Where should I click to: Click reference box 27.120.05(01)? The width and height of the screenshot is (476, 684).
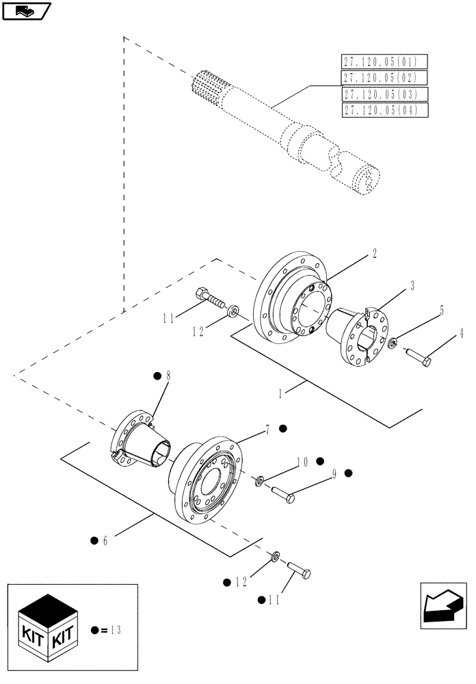tap(384, 61)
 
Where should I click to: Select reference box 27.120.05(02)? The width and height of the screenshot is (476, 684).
tap(384, 77)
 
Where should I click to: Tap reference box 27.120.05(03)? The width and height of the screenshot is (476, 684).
tap(384, 94)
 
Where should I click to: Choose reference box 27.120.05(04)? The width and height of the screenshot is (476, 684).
tap(384, 109)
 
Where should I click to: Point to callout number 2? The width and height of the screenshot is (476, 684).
tap(375, 252)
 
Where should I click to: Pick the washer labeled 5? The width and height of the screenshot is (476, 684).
tap(392, 341)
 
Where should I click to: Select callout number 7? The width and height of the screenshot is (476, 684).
tap(268, 428)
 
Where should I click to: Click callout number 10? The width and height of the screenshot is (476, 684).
tap(300, 462)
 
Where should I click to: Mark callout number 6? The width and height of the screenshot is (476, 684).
tap(105, 540)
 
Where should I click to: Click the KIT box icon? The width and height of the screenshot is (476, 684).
tap(46, 624)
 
